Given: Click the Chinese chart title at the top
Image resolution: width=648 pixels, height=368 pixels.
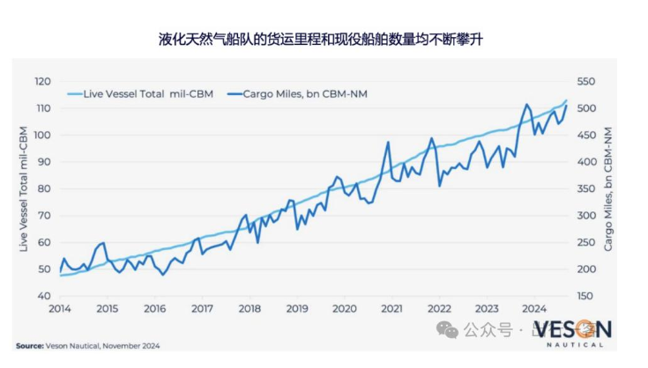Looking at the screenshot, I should point(323,40).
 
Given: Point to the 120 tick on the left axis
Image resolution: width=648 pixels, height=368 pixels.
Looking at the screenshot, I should point(43,81).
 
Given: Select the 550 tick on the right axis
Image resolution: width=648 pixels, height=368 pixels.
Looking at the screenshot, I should point(587,81).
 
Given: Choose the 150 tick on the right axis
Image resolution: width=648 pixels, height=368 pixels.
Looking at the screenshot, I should point(587,296).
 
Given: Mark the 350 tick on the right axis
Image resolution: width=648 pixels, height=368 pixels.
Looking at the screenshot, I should point(587,188).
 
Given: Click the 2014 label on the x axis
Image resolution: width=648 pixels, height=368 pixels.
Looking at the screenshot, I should point(60,309).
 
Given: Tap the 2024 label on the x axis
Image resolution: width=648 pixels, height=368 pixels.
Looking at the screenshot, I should point(533,309).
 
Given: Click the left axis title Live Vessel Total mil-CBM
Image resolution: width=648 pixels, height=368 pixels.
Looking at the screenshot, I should point(25,188).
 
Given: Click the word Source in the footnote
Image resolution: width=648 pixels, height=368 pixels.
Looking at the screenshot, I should point(31,345).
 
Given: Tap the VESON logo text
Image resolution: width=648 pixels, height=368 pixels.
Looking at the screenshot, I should point(574,330).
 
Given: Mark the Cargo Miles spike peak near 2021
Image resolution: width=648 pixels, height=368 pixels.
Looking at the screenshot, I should point(388,142).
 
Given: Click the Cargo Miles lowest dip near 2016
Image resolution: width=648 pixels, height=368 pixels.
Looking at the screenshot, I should point(162,274).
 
